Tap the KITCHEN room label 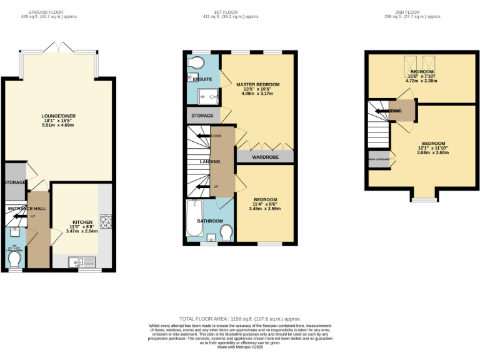(x=82, y=222)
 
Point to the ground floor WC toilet (x=14, y=258)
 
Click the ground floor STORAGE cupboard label (x=14, y=182)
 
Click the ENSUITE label (x=202, y=79)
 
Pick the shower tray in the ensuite (x=207, y=96)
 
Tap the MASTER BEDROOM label (x=257, y=84)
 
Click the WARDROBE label (x=264, y=157)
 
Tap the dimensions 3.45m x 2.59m (x=265, y=208)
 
